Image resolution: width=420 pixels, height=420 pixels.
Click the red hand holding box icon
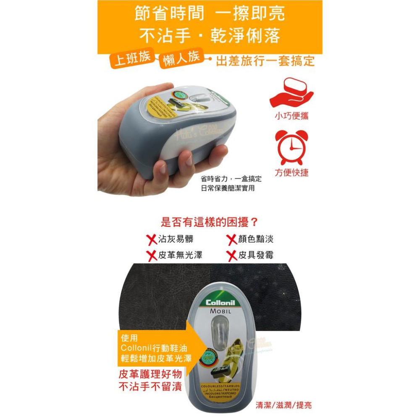pos(291,94)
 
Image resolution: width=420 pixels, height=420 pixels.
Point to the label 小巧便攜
pos(291,116)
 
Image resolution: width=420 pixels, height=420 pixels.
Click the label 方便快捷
pos(291,173)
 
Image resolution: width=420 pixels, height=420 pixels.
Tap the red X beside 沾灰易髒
pos(151,240)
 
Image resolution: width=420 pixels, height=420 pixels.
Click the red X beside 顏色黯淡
pos(232,240)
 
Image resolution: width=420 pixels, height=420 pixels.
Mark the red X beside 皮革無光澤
pos(151,255)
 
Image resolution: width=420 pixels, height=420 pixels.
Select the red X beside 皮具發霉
pos(232,255)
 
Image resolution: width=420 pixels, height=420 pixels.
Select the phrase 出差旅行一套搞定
pos(265,61)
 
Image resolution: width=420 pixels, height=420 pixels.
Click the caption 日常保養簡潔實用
pos(228,189)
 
